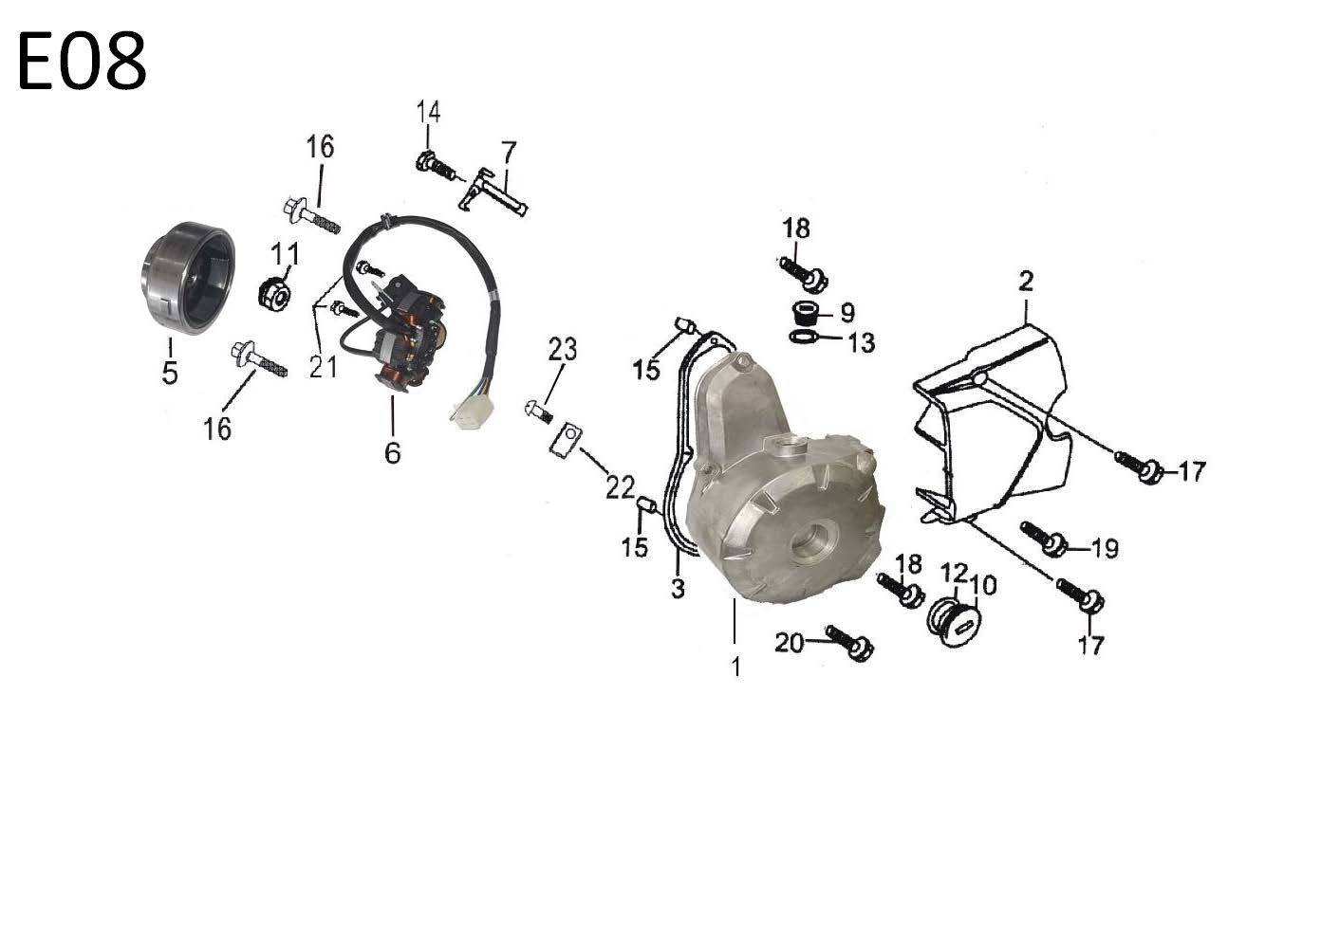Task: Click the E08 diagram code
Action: pos(82,62)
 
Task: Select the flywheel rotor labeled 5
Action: pos(188,278)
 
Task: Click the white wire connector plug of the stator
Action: pos(473,412)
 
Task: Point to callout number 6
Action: pos(393,453)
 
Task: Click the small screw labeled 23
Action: pos(539,411)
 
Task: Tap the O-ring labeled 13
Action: pos(805,338)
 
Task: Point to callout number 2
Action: pos(1026,282)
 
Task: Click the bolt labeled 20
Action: pos(849,643)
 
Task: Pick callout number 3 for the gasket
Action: pos(679,588)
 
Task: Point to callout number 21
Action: pos(324,367)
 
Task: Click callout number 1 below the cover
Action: pos(735,667)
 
